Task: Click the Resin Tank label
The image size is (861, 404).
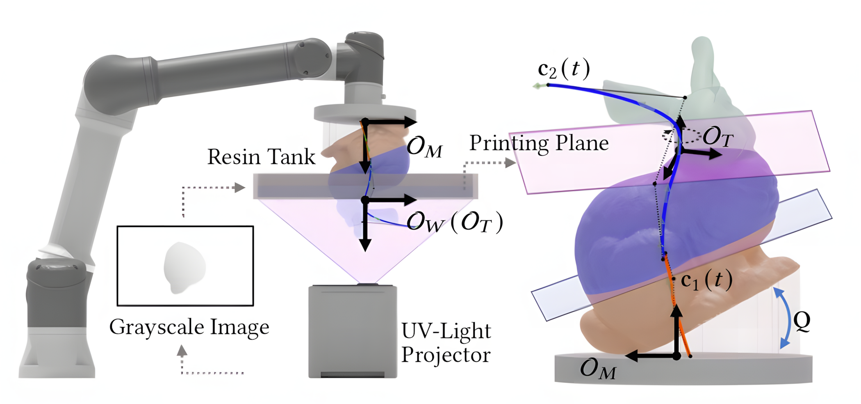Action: point(261,157)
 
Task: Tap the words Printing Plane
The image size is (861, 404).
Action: point(539,143)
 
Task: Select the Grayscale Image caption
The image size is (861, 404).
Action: point(189,328)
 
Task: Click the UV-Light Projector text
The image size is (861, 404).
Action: point(446,342)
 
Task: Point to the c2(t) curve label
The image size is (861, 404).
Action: point(564,69)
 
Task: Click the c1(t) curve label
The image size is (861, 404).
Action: point(706,281)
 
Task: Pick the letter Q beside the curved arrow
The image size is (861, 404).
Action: point(802,321)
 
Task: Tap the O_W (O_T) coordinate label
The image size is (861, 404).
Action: point(455,223)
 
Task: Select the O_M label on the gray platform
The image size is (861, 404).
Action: point(598,369)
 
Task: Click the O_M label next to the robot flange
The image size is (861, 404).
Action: point(425,147)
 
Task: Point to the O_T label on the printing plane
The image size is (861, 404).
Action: point(718,137)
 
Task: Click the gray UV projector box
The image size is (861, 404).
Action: point(353,331)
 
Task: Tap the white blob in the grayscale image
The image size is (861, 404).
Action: point(184,267)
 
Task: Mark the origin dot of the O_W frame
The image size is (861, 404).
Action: point(365,200)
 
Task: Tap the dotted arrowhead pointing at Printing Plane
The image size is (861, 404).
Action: point(510,163)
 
